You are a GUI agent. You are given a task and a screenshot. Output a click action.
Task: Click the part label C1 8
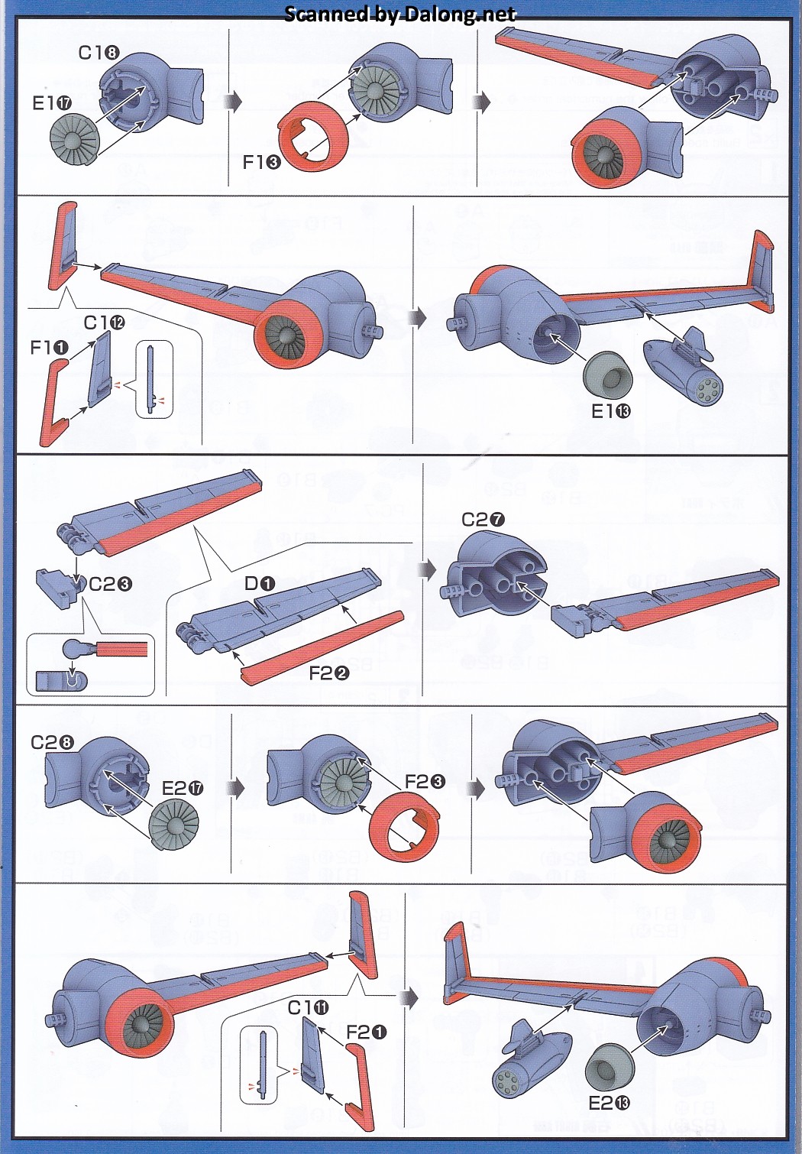coord(99,52)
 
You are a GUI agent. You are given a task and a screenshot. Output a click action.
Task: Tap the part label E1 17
coord(52,103)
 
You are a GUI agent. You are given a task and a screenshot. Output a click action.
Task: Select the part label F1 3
coord(261,162)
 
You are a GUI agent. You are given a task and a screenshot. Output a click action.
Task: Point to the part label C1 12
coord(104,323)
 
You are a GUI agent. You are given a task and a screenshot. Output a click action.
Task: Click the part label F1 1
coord(49,348)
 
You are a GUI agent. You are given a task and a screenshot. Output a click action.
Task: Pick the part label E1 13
coord(611,411)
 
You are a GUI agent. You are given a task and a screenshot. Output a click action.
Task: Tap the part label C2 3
coord(111,584)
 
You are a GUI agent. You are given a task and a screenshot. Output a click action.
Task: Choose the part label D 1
coord(260,584)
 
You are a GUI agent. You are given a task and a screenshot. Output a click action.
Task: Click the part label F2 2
coord(329,673)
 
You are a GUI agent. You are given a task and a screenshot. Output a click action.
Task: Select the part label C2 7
coord(483,520)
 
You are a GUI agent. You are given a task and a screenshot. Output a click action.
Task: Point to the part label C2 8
coord(52,742)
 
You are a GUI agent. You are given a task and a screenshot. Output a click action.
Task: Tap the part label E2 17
coord(183,788)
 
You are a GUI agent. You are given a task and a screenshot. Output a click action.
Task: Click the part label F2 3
coord(425,781)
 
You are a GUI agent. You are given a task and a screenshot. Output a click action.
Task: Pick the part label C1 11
coord(308,1008)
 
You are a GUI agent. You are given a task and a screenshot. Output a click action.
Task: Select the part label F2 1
coord(367,1032)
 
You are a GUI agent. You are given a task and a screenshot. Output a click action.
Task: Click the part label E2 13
coord(610,1103)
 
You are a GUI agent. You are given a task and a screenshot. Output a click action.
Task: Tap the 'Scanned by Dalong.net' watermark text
coord(400,14)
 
